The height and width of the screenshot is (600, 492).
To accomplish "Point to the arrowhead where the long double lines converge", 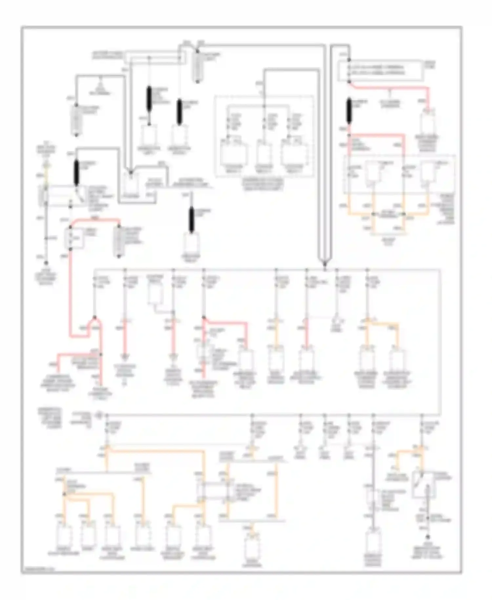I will [325, 263].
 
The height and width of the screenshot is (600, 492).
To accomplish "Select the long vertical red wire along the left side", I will [70, 292].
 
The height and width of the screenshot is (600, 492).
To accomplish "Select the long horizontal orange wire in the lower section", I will [154, 451].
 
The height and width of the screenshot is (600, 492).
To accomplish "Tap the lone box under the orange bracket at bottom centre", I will [252, 547].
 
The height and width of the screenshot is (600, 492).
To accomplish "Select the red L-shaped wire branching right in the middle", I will [226, 323].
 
